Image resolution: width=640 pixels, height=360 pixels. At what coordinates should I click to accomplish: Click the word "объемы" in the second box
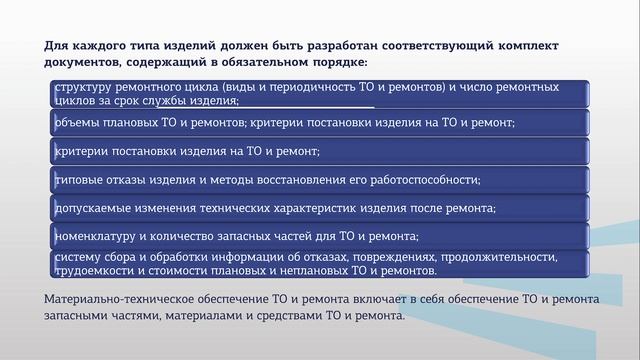point(76,123)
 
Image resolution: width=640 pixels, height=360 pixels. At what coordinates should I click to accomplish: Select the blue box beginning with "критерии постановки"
point(320,151)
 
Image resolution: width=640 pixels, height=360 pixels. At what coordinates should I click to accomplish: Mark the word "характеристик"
point(319,208)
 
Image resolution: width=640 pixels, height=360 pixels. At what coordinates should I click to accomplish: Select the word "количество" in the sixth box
point(196,236)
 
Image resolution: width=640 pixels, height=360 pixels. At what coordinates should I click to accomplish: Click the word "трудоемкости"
point(94,270)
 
